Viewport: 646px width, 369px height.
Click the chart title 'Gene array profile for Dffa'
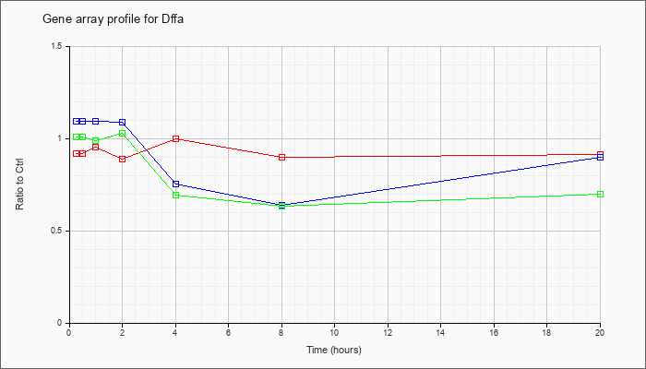[113, 19]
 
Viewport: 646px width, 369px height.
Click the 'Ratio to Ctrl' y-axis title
[19, 184]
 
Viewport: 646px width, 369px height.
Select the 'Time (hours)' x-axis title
[334, 350]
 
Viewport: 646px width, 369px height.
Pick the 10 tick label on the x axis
[334, 331]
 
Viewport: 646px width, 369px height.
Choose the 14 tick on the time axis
[440, 331]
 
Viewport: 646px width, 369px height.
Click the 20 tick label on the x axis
[600, 331]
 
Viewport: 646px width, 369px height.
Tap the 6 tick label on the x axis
[228, 331]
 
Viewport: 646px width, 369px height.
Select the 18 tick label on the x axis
[546, 331]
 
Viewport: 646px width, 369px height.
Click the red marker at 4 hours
[176, 138]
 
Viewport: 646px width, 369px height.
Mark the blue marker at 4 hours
[176, 184]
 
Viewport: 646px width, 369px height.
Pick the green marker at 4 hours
[176, 195]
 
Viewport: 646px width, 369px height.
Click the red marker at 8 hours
[281, 158]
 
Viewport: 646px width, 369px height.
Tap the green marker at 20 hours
[600, 194]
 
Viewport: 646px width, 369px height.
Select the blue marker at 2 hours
[123, 123]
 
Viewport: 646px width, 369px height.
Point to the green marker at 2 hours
[123, 134]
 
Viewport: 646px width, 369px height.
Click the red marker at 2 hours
[123, 159]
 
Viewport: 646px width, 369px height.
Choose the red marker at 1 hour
[96, 147]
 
